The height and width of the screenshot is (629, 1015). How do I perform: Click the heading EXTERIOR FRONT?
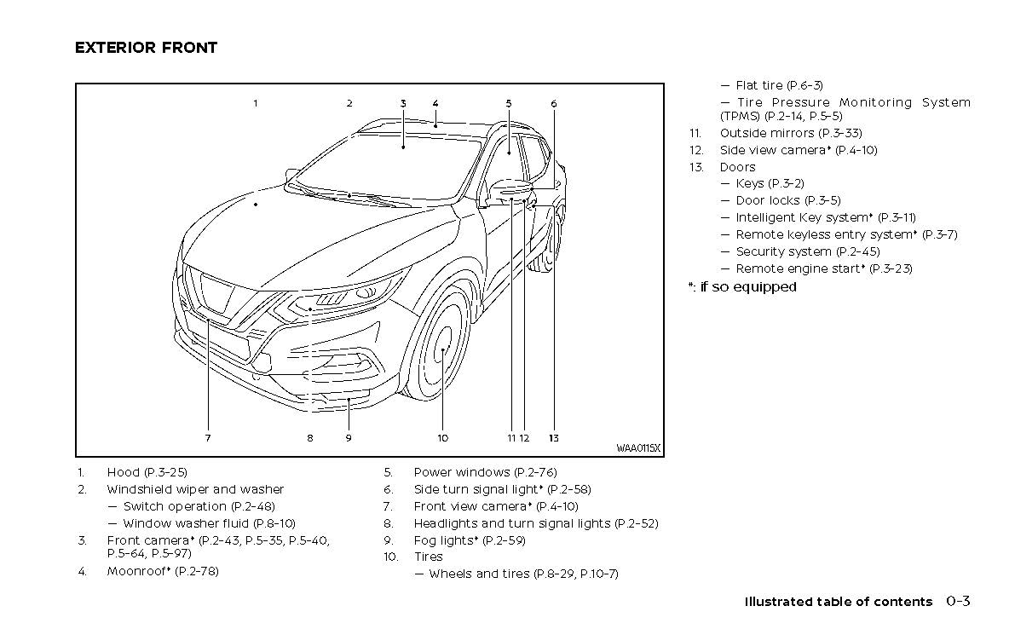(x=146, y=48)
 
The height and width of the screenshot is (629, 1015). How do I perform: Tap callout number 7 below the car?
(x=207, y=438)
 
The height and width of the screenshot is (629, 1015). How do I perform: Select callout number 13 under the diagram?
(x=553, y=438)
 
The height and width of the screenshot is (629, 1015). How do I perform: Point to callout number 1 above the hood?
(x=255, y=104)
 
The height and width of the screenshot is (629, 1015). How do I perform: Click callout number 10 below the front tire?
(x=443, y=438)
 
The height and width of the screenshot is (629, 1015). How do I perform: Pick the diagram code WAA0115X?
(x=638, y=448)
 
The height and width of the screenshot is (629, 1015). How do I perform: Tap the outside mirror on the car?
(x=510, y=191)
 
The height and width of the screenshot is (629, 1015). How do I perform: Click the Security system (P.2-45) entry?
(x=807, y=251)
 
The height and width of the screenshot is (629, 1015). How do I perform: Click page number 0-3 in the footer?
(x=957, y=602)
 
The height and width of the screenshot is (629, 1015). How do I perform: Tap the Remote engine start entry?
(x=823, y=268)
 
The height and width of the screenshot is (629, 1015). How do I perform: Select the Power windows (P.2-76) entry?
(x=485, y=472)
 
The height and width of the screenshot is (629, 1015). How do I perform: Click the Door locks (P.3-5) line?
(x=787, y=200)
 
